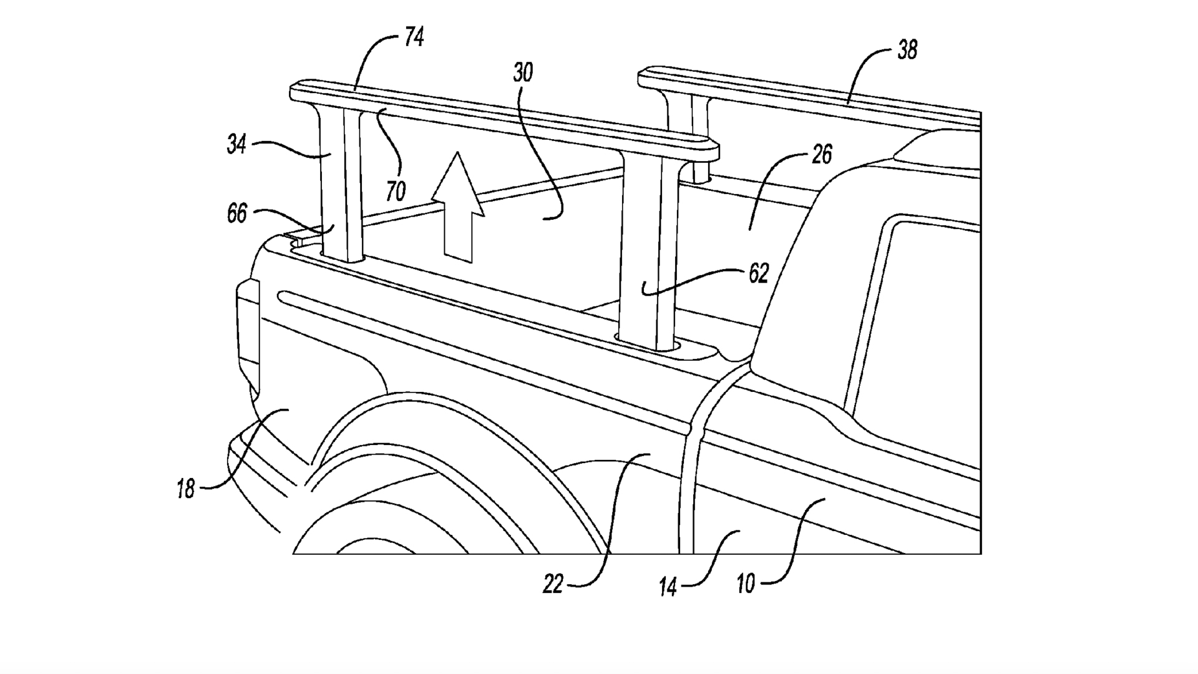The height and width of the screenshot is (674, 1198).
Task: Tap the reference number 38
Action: [907, 50]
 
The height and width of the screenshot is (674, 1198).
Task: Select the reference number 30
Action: [523, 73]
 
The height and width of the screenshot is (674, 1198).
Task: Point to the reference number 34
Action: [236, 145]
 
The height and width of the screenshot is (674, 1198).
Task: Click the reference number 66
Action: [237, 214]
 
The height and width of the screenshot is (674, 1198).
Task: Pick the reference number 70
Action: [396, 190]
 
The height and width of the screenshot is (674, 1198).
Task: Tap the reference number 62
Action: [758, 273]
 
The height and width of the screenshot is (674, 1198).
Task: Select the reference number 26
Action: [822, 154]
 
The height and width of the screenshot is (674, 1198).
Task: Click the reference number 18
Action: [185, 488]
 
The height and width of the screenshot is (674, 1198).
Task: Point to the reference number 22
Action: [553, 584]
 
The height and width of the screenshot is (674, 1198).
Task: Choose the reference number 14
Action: [668, 587]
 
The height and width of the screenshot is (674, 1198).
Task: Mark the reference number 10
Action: [746, 584]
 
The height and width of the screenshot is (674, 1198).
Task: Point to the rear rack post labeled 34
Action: [340, 187]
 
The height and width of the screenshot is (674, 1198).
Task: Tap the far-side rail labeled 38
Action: [811, 94]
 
